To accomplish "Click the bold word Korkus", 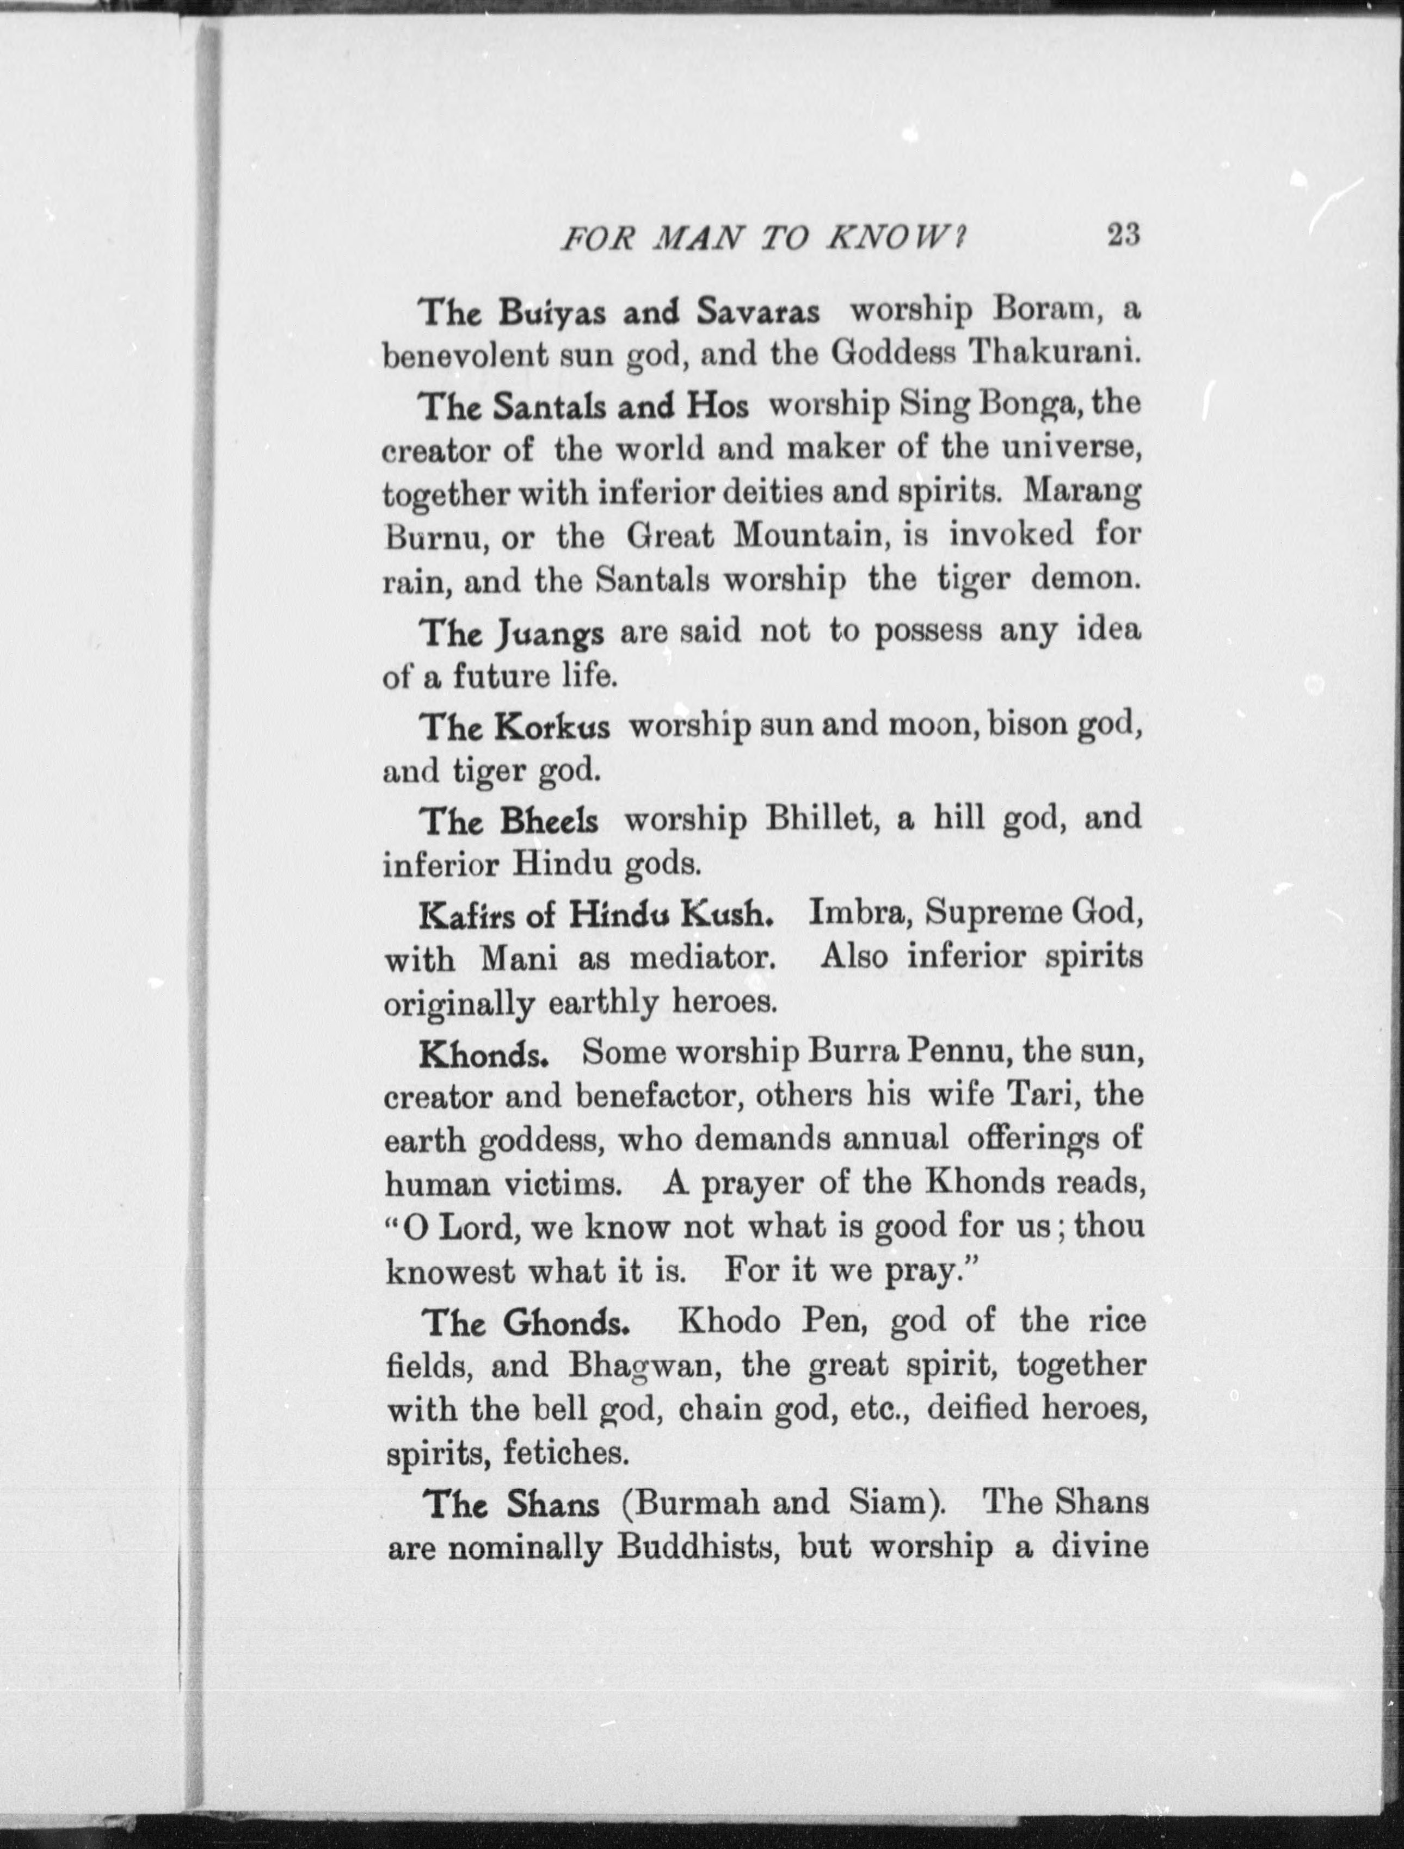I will pos(551,727).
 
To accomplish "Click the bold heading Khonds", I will pos(483,1055).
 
